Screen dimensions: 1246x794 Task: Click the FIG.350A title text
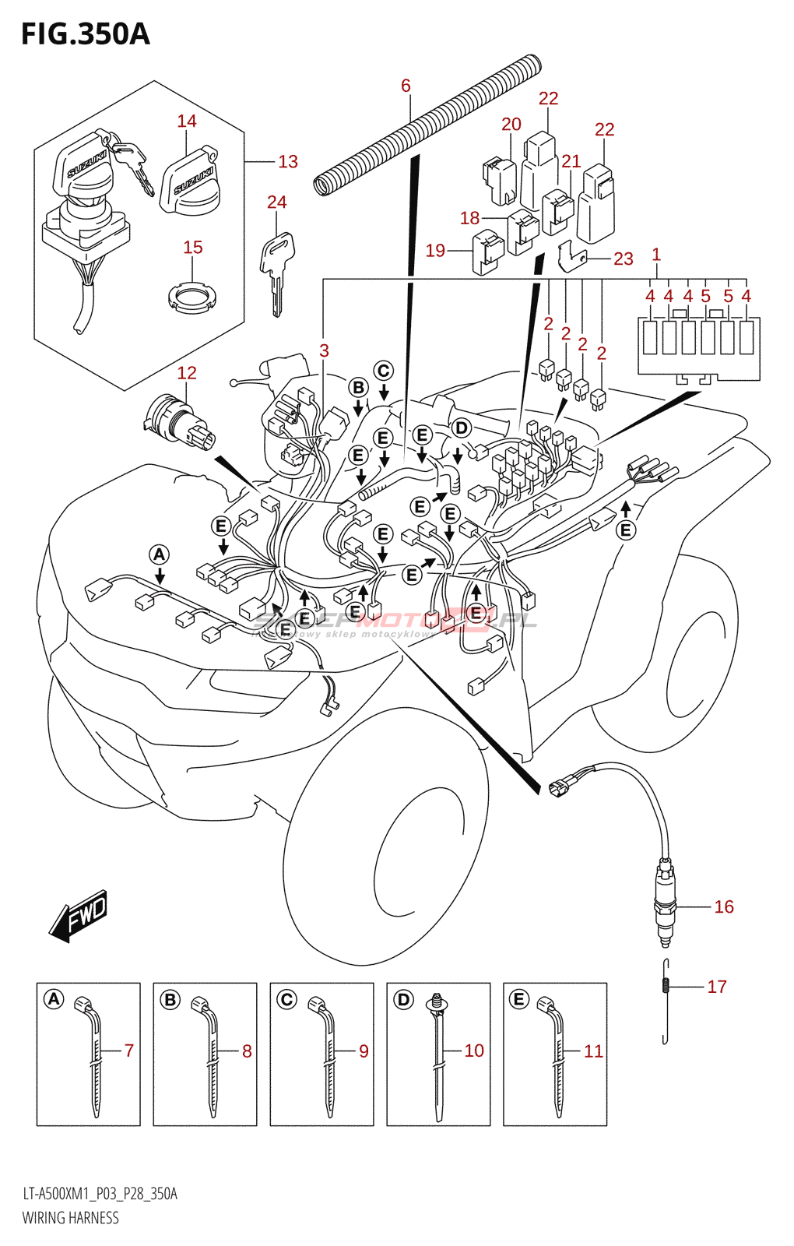pyautogui.click(x=86, y=34)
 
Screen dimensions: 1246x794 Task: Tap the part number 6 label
pyautogui.click(x=406, y=86)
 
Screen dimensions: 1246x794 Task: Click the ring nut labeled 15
pyautogui.click(x=192, y=297)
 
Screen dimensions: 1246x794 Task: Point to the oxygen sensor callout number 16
pyautogui.click(x=723, y=906)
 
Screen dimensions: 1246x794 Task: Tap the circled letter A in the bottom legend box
pyautogui.click(x=54, y=999)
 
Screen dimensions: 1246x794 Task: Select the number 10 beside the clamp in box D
pyautogui.click(x=474, y=1051)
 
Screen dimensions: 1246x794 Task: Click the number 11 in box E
pyautogui.click(x=593, y=1051)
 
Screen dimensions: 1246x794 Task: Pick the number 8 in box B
pyautogui.click(x=247, y=1051)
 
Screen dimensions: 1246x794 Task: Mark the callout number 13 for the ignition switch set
pyautogui.click(x=288, y=161)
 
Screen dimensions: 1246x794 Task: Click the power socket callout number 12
pyautogui.click(x=187, y=373)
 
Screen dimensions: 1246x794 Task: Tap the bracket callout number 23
pyautogui.click(x=624, y=259)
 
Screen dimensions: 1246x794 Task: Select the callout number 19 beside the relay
pyautogui.click(x=435, y=250)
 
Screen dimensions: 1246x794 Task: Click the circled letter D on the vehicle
pyautogui.click(x=462, y=428)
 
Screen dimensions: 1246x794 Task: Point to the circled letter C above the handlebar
pyautogui.click(x=383, y=371)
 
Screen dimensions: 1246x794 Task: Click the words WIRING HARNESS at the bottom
pyautogui.click(x=71, y=1218)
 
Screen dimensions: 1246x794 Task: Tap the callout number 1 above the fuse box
pyautogui.click(x=656, y=255)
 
